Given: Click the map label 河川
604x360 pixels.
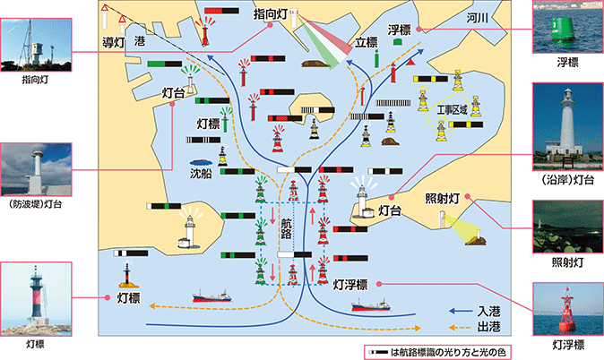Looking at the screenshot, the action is [477, 18].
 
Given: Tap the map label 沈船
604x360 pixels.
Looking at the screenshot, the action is [201, 174].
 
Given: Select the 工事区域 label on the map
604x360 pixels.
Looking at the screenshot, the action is [453, 110].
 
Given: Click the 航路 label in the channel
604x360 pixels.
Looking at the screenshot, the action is [286, 228].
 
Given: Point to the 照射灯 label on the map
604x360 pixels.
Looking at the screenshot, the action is [442, 198].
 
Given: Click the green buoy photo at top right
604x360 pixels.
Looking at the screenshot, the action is [568, 27].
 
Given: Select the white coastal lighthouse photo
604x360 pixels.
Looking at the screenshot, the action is [568, 126].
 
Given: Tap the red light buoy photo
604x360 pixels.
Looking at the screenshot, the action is [568, 309].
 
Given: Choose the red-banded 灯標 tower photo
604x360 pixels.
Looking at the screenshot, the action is [36, 299].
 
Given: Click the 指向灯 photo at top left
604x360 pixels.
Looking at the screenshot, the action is [36, 45].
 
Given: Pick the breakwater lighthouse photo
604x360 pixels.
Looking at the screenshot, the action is [36, 169].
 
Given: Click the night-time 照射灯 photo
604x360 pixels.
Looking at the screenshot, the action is [568, 227].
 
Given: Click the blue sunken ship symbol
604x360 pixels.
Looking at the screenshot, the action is [201, 162].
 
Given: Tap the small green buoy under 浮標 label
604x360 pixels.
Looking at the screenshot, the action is [398, 41].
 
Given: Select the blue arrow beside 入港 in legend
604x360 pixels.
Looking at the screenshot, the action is [461, 311].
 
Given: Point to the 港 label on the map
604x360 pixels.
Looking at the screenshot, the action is [140, 41].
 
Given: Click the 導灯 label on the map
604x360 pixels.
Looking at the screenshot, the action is [113, 42].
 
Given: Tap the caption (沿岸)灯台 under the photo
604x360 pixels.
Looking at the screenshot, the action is [568, 179].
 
